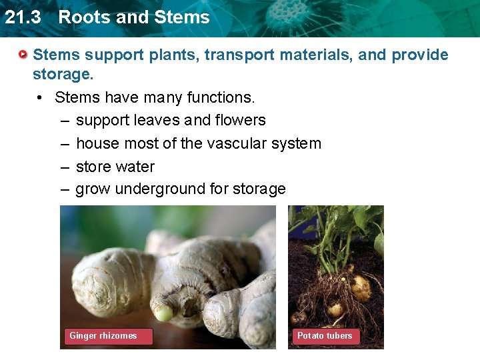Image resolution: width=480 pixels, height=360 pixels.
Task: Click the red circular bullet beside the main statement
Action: [23, 53]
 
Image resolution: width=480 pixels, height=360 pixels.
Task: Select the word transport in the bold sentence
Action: [242, 55]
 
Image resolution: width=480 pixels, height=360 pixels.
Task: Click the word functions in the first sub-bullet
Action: [221, 97]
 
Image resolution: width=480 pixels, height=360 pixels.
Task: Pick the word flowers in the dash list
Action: [240, 120]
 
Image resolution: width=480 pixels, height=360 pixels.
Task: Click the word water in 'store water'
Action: [136, 167]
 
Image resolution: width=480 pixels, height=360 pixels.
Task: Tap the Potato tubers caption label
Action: [325, 336]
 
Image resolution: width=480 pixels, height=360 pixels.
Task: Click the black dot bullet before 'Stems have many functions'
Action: [41, 98]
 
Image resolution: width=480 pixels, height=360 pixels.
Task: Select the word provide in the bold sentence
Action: [420, 55]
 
